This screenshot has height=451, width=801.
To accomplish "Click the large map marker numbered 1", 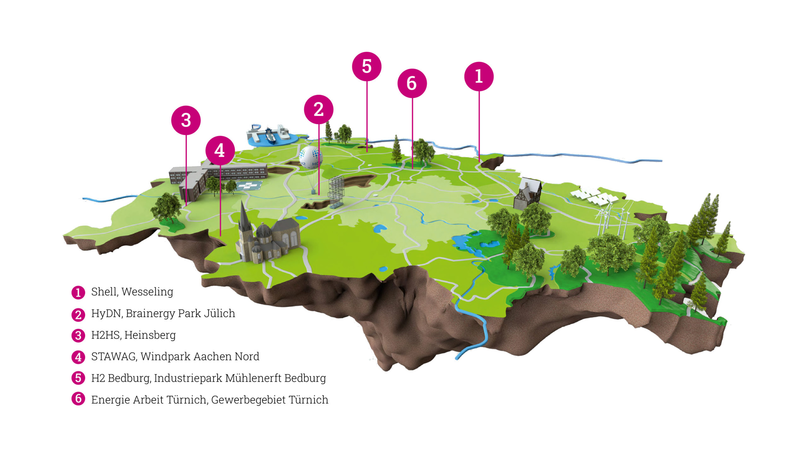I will [x=479, y=76].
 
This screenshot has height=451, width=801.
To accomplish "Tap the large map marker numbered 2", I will [x=318, y=109].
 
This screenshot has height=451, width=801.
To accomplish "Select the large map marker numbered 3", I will [x=186, y=120].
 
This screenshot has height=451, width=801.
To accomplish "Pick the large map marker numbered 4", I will [x=220, y=151].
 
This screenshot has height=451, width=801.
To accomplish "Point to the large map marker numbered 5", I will [x=366, y=67].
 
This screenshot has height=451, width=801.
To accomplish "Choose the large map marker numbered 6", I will [x=412, y=83].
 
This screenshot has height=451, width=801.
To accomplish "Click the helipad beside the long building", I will [x=249, y=185].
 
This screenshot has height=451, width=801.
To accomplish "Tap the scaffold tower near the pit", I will [x=336, y=191].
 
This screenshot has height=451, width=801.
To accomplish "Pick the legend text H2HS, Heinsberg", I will [x=133, y=335].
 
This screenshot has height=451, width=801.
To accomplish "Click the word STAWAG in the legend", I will [x=114, y=356].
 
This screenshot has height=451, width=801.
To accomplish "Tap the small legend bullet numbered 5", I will [x=78, y=378].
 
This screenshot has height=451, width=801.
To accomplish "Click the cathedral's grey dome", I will [x=263, y=231].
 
